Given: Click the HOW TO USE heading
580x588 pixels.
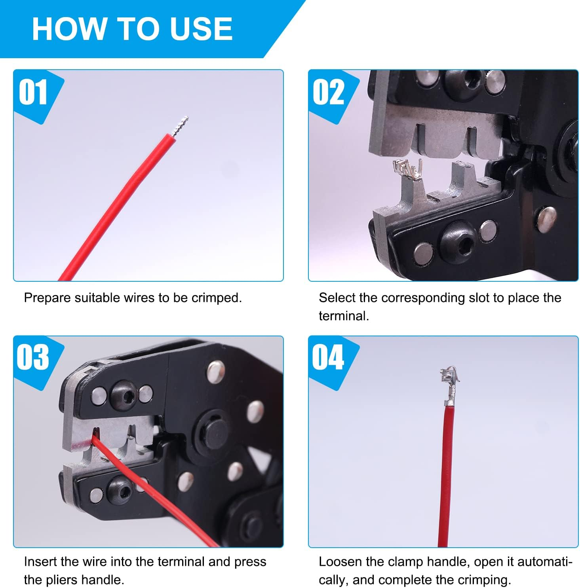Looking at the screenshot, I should click(132, 29).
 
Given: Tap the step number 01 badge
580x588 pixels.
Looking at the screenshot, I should click(33, 93).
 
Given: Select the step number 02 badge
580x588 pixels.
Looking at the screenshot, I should click(328, 93).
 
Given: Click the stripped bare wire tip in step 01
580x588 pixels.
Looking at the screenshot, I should click(180, 126).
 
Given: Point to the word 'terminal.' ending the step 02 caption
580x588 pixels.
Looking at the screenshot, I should click(344, 316).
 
